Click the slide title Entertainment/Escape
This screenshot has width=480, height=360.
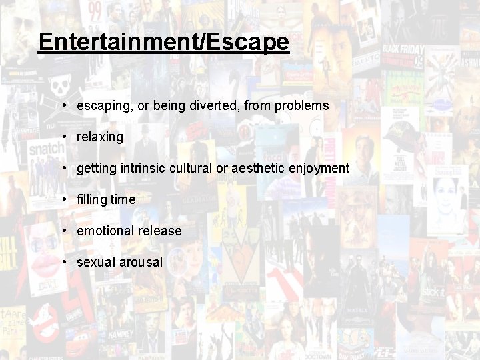click(x=164, y=42)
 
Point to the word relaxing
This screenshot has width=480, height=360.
click(x=100, y=137)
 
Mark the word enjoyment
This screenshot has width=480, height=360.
click(x=319, y=169)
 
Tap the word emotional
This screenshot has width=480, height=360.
click(x=105, y=231)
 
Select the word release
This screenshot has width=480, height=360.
click(x=160, y=231)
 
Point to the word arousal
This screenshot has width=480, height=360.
click(x=141, y=262)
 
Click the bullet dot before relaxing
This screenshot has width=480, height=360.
click(x=63, y=137)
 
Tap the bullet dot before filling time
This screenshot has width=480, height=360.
click(x=63, y=199)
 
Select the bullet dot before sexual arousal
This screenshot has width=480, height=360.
click(x=63, y=262)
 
